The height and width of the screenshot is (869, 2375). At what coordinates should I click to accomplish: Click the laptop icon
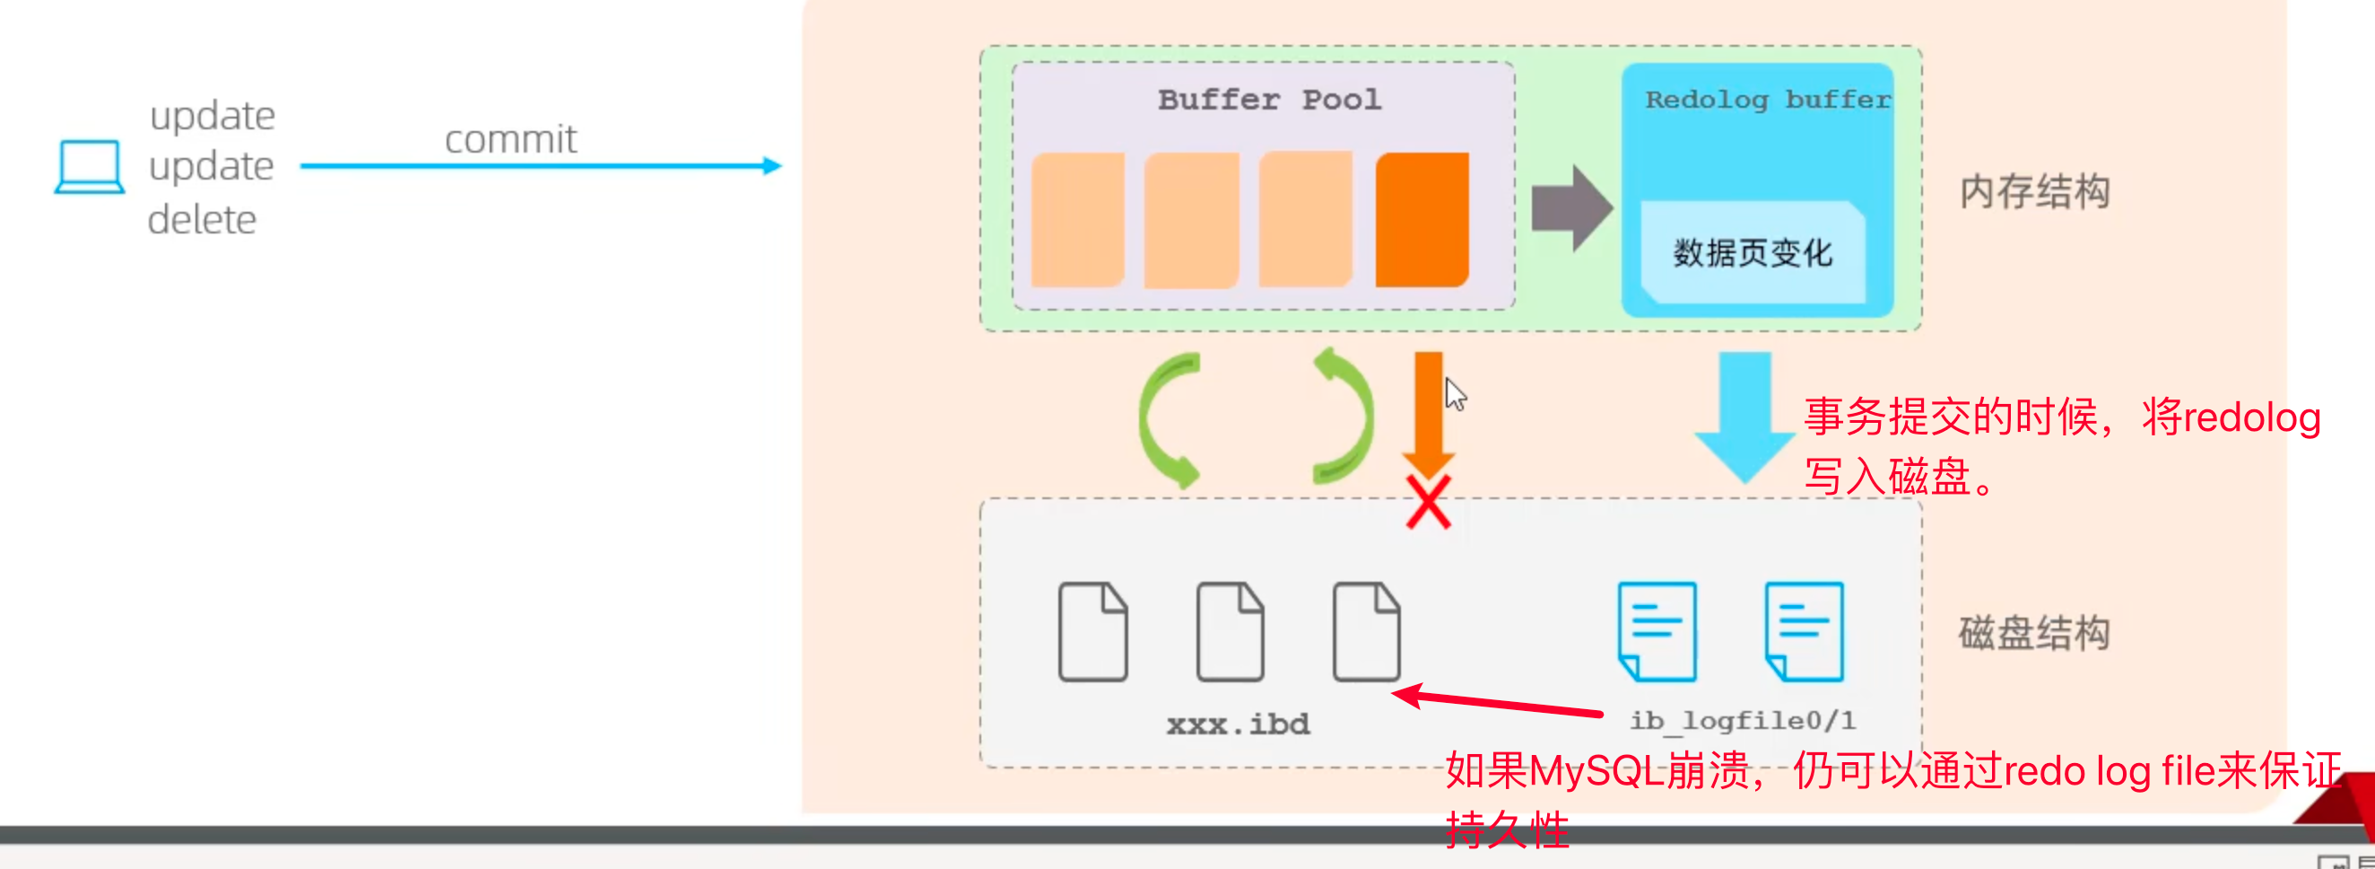click(x=90, y=167)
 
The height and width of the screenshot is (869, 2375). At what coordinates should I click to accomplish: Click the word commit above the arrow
click(x=509, y=139)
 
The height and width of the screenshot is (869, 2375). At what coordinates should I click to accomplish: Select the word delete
click(x=202, y=220)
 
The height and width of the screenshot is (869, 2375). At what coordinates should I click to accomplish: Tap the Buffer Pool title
click(x=1268, y=100)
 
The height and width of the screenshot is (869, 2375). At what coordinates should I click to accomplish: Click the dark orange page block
click(x=1421, y=220)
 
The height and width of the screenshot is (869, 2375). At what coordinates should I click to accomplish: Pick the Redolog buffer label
click(x=1767, y=100)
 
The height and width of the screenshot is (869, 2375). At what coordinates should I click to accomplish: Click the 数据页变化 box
click(x=1752, y=253)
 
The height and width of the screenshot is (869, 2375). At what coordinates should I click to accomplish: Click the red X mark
click(x=1428, y=503)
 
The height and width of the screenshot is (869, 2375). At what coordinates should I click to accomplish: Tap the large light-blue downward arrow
click(x=1744, y=415)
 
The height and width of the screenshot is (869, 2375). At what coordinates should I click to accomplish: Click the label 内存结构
click(x=2034, y=192)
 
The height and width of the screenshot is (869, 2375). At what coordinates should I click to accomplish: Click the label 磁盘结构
click(x=2034, y=633)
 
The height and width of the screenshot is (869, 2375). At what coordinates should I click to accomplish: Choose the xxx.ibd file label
click(x=1238, y=724)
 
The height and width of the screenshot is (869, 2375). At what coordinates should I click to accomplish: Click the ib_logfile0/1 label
click(x=1743, y=721)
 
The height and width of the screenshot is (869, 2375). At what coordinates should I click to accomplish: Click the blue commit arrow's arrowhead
click(x=771, y=166)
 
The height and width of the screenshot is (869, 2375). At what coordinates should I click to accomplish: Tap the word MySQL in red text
click(x=1596, y=771)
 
